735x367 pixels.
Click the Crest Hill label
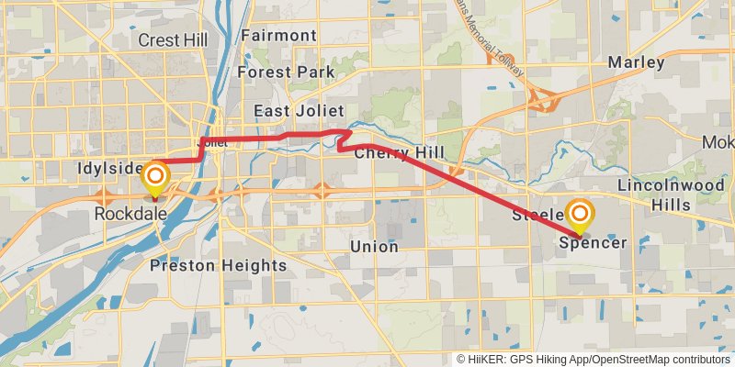click(x=172, y=40)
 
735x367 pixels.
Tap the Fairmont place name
click(x=278, y=36)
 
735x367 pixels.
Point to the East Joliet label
click(x=292, y=111)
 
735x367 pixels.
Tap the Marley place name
click(x=636, y=62)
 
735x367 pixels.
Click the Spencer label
click(x=593, y=243)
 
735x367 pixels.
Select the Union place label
click(x=374, y=247)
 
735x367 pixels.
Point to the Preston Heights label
click(x=218, y=266)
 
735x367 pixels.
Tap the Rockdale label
click(x=130, y=213)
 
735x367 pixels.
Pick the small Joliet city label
click(x=212, y=143)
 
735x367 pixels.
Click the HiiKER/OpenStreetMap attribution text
click(x=594, y=360)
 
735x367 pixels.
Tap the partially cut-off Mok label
click(x=718, y=143)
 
